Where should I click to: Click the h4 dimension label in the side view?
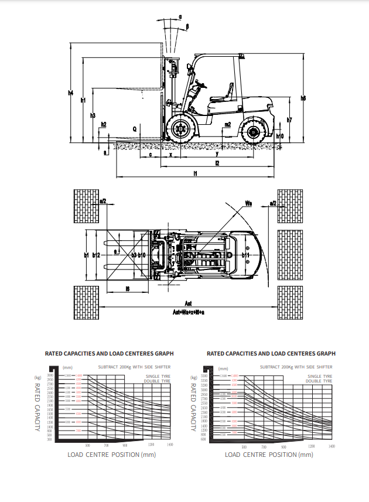70,93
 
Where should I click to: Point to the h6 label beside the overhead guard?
303,98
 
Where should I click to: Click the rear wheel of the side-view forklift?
254,132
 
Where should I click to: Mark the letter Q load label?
134,127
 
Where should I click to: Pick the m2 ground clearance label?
227,124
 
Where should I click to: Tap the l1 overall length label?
195,173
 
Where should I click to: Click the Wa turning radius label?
248,203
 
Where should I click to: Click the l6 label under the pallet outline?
127,289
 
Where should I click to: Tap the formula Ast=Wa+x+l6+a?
188,312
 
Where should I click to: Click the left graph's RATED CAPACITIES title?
109,354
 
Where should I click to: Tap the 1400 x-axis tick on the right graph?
332,446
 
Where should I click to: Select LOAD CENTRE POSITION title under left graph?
111,455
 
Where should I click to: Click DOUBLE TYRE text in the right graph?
319,381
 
